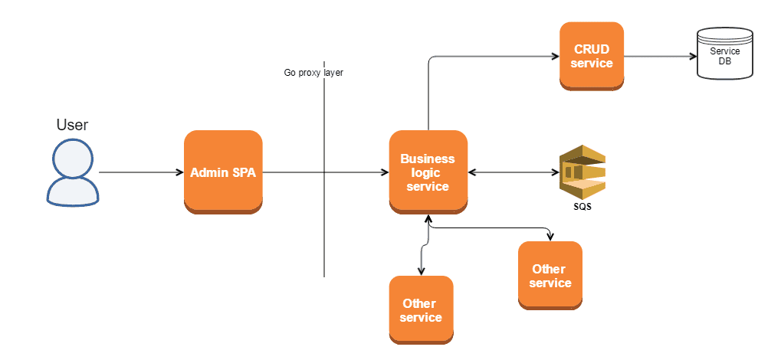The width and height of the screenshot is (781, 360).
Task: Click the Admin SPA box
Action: coord(223,172)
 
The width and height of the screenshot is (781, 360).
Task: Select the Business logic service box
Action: coord(428,172)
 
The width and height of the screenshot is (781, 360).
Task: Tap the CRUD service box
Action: coord(592,56)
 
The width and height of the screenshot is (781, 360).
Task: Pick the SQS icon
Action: coord(582,172)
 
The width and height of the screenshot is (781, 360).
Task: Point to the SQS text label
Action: coord(582,207)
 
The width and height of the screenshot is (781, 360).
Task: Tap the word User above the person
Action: coord(72,125)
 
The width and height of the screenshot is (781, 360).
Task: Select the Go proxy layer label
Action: coord(313,73)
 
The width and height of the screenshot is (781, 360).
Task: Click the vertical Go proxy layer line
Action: coord(324,230)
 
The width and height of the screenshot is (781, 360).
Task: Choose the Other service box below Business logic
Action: coord(421,310)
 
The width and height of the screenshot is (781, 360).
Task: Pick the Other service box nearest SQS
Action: coord(550,276)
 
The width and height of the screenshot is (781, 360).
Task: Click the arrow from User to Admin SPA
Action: coord(141,172)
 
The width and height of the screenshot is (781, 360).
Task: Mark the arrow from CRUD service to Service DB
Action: coord(659,56)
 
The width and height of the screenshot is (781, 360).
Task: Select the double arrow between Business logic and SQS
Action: coord(512,172)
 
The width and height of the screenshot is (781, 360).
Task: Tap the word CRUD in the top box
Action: coord(592,49)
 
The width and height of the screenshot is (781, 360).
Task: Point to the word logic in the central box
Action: coord(428,172)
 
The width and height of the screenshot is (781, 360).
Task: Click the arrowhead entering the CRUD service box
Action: coord(555,56)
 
